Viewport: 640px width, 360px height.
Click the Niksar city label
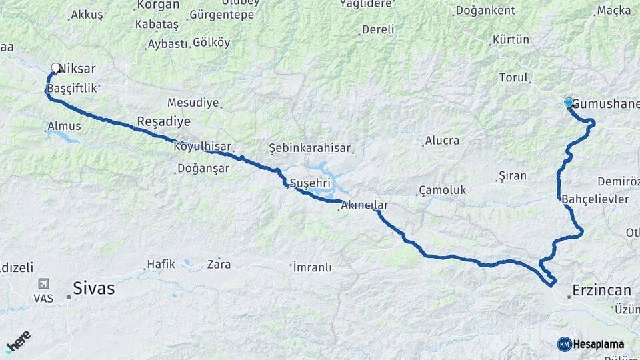click(x=77, y=69)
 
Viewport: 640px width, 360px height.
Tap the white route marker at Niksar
click(x=56, y=67)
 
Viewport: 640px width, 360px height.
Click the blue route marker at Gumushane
click(x=569, y=102)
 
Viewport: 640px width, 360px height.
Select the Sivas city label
click(x=93, y=289)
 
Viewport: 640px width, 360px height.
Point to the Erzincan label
click(x=601, y=290)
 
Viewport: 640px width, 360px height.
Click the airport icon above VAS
click(x=44, y=284)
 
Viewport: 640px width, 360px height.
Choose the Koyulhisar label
click(x=202, y=147)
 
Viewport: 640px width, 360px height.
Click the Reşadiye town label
click(x=163, y=121)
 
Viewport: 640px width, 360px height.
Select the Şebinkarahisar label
click(x=309, y=147)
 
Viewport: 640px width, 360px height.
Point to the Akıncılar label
click(x=364, y=206)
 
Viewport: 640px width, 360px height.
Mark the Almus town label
click(x=64, y=126)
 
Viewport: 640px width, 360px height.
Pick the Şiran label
click(x=513, y=176)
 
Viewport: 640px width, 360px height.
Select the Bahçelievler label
click(x=595, y=199)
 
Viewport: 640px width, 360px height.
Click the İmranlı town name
click(x=312, y=267)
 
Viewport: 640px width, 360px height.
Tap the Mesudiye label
click(x=193, y=103)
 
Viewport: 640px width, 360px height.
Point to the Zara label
click(x=219, y=264)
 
